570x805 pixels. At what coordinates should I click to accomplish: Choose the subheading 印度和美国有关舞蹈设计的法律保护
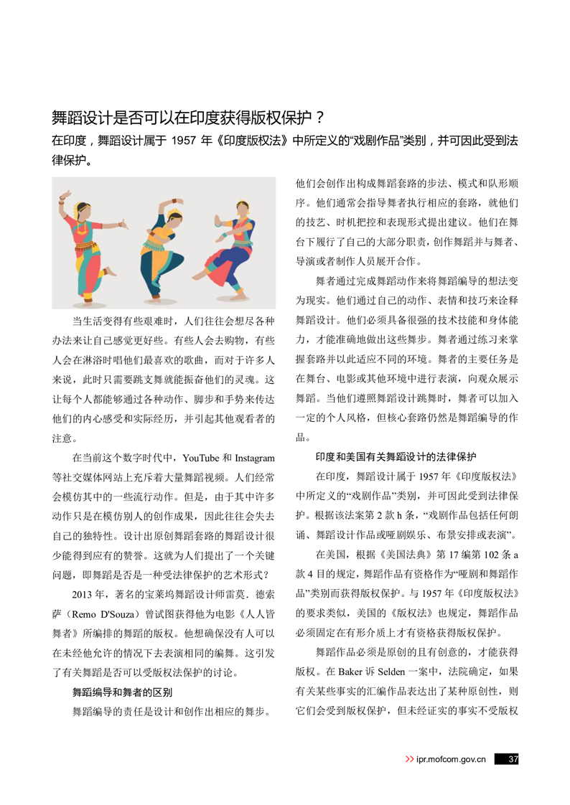pos(396,456)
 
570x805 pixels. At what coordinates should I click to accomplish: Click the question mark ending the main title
pos(319,117)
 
